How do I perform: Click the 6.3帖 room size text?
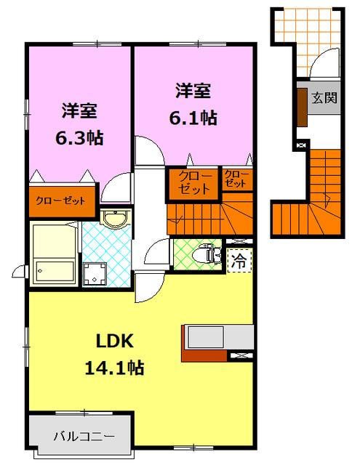pyautogui.click(x=79, y=138)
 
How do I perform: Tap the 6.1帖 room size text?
pyautogui.click(x=193, y=118)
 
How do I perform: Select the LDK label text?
pyautogui.click(x=115, y=341)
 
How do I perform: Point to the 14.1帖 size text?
pyautogui.click(x=115, y=368)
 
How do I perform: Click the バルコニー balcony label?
pyautogui.click(x=84, y=437)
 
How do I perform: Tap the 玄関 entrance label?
pyautogui.click(x=324, y=97)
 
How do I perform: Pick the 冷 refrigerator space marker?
pyautogui.click(x=239, y=261)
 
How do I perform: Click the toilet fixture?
pyautogui.click(x=207, y=255)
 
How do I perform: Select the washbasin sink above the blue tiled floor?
pyautogui.click(x=116, y=219)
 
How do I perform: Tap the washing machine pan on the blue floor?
pyautogui.click(x=95, y=274)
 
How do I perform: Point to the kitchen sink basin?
pyautogui.click(x=206, y=337)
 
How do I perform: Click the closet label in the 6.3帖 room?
pyautogui.click(x=60, y=201)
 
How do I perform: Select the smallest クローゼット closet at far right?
pyautogui.click(x=237, y=179)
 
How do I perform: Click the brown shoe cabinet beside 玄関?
pyautogui.click(x=302, y=108)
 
